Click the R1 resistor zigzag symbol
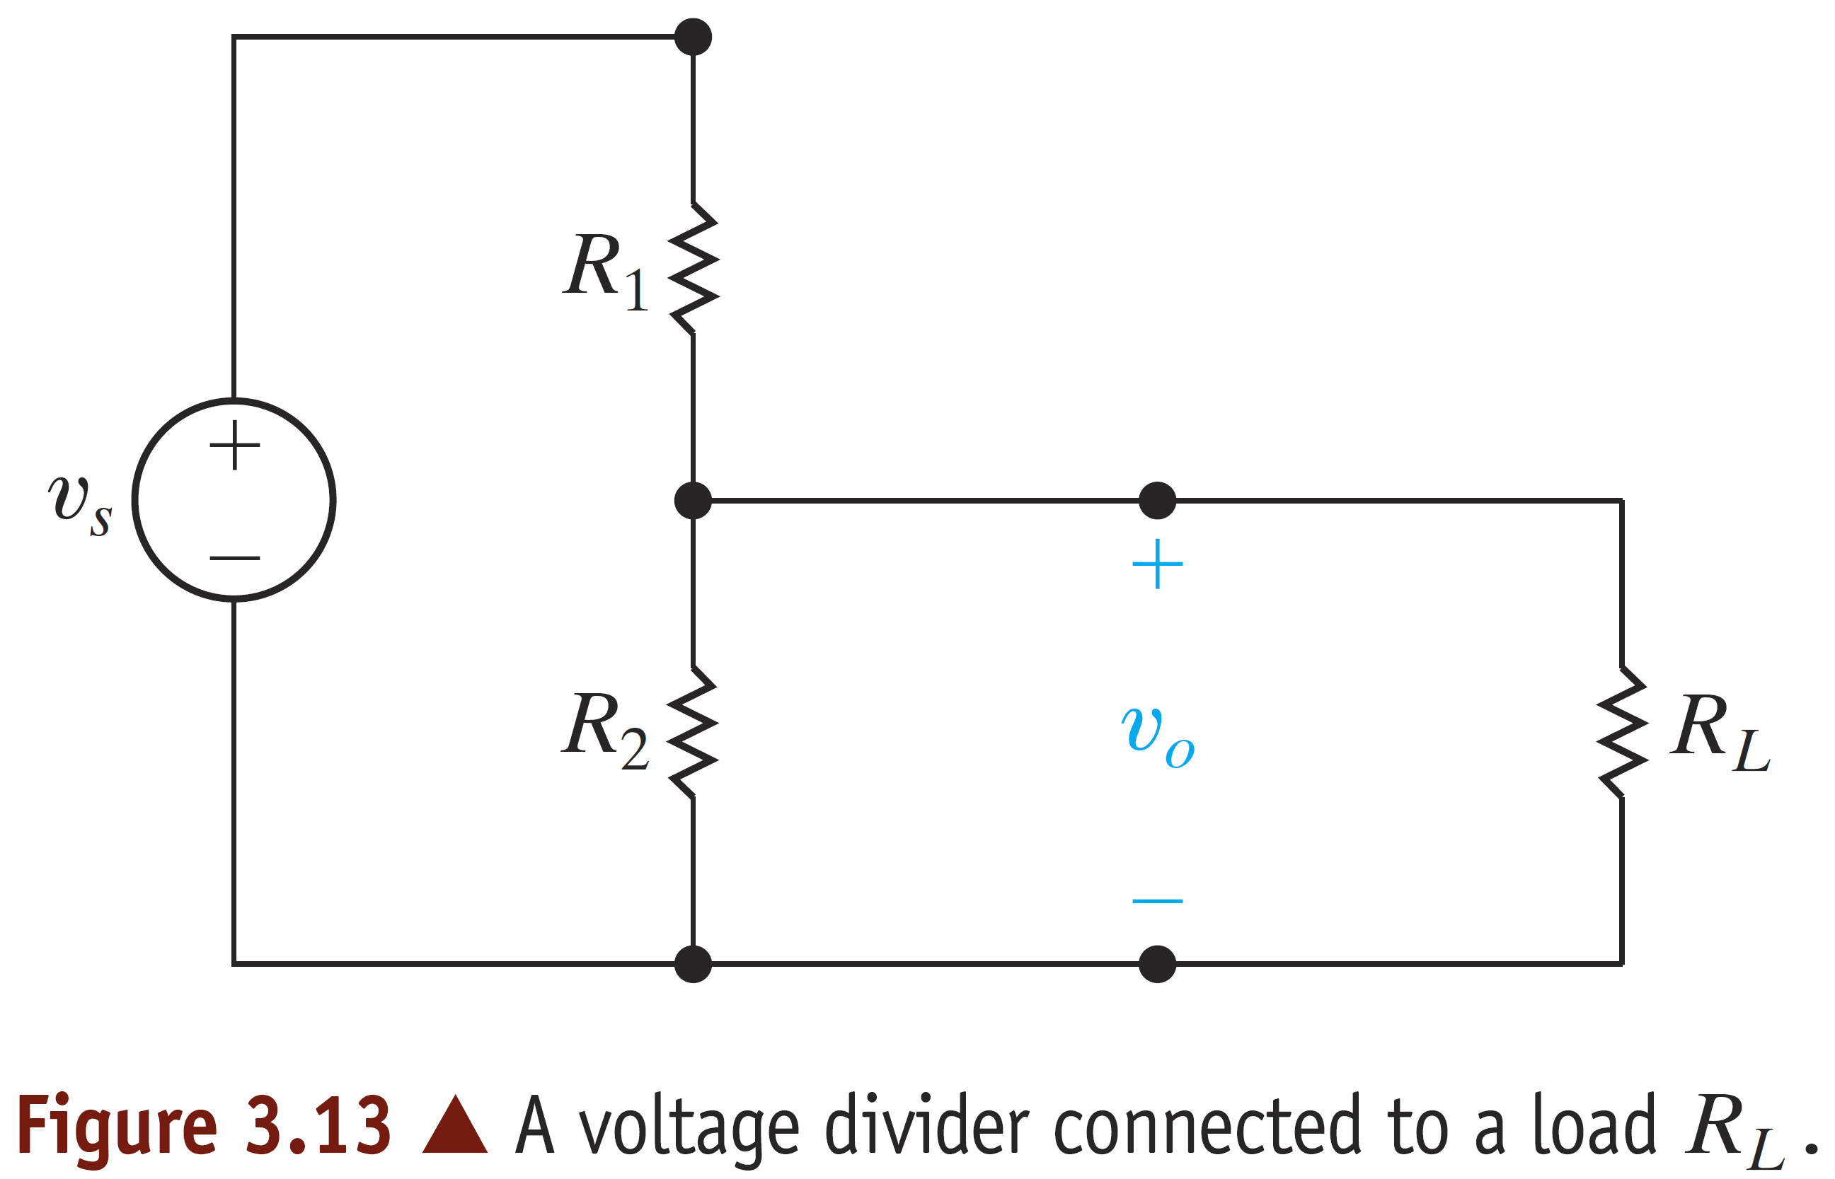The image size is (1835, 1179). coord(694,268)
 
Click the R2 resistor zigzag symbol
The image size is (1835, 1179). coord(693,733)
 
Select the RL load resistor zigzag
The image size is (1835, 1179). coord(1621,733)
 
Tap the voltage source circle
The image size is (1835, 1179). coord(234,500)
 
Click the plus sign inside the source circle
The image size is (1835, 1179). coord(234,445)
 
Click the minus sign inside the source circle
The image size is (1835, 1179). coord(234,558)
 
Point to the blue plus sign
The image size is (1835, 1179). coord(1157,564)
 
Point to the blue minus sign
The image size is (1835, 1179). coord(1157,901)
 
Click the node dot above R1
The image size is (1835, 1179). coord(693,37)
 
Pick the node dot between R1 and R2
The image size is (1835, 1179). coord(693,501)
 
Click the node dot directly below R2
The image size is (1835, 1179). coord(693,964)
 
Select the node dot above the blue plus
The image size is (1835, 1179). coord(1157,501)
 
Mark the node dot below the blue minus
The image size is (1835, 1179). coord(1157,964)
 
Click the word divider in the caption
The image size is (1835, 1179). coord(926,1125)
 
